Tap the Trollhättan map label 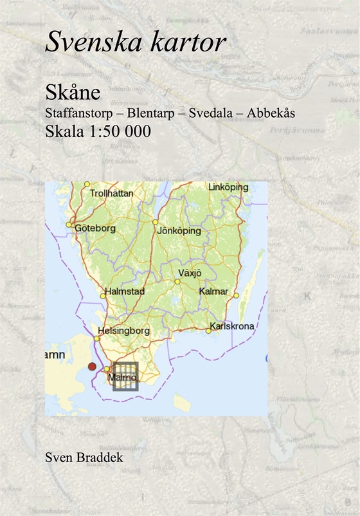111,192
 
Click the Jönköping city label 179,230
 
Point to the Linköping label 228,187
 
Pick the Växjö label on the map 190,273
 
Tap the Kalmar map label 213,291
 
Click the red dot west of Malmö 92,366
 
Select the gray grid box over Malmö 125,376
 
